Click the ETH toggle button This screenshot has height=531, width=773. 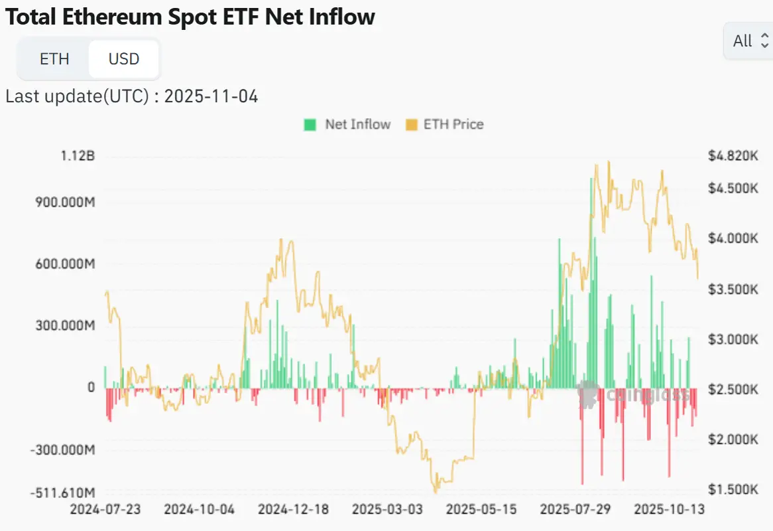coord(54,59)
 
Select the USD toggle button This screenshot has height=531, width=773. coord(124,59)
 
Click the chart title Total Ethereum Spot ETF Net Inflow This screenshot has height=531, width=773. coord(190,17)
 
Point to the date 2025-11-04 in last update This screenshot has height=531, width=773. coord(211,96)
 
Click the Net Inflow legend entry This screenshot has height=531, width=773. coord(347,124)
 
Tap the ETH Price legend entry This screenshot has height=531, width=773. coord(445,124)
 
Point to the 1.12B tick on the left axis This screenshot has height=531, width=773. coord(78,157)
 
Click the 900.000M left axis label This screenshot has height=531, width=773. coord(64,202)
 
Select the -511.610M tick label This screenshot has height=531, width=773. coord(63,493)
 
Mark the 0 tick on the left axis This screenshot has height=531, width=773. coord(91,387)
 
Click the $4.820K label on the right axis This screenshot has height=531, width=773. coord(733,157)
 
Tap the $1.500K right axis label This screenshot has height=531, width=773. coord(733,489)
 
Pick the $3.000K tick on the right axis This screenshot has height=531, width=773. coord(733,339)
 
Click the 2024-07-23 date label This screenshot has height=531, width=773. coord(105,509)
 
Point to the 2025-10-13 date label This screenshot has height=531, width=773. coord(669,509)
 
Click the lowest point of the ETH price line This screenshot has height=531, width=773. coord(436,492)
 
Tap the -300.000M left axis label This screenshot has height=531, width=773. coord(64,450)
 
